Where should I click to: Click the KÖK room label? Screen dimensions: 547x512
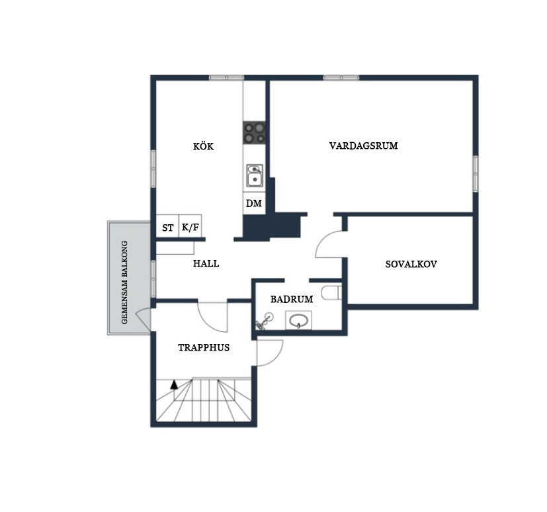click(x=203, y=146)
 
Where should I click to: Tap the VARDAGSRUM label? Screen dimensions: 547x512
click(x=364, y=146)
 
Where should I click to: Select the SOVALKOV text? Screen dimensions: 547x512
click(x=411, y=264)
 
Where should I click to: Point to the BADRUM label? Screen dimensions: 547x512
click(x=292, y=299)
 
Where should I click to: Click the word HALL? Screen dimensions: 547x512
click(x=206, y=263)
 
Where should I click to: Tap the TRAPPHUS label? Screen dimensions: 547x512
click(x=204, y=347)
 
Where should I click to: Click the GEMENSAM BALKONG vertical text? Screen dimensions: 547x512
click(x=124, y=282)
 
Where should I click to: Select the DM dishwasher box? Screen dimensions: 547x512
click(x=254, y=203)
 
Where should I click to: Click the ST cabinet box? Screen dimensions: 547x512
click(x=167, y=226)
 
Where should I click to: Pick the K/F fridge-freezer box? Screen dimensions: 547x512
click(x=190, y=226)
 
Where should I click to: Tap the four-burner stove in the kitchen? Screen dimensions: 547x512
click(x=254, y=132)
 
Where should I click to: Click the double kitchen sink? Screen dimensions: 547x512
click(x=255, y=175)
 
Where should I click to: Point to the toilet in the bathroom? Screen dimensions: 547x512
click(x=331, y=292)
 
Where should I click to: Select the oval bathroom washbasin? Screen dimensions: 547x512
click(x=298, y=320)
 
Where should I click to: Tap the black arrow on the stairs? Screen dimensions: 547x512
click(x=174, y=385)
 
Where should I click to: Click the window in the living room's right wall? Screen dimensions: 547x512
click(x=476, y=174)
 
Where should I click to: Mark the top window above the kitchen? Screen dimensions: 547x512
click(x=226, y=77)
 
